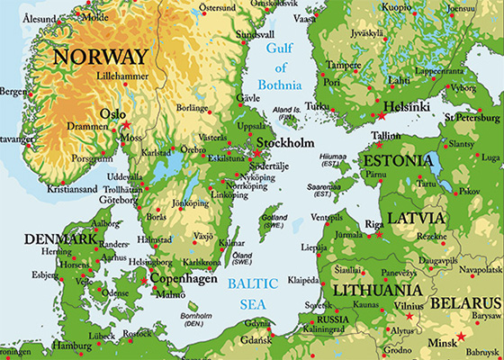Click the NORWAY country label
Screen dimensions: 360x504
(99, 57)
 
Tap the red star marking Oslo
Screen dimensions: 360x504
(126, 124)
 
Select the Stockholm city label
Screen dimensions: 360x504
(287, 143)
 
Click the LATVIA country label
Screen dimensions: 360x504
(416, 219)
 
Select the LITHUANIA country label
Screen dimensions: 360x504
(376, 290)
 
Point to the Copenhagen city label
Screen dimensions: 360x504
(185, 279)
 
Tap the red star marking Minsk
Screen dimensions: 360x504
(463, 337)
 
